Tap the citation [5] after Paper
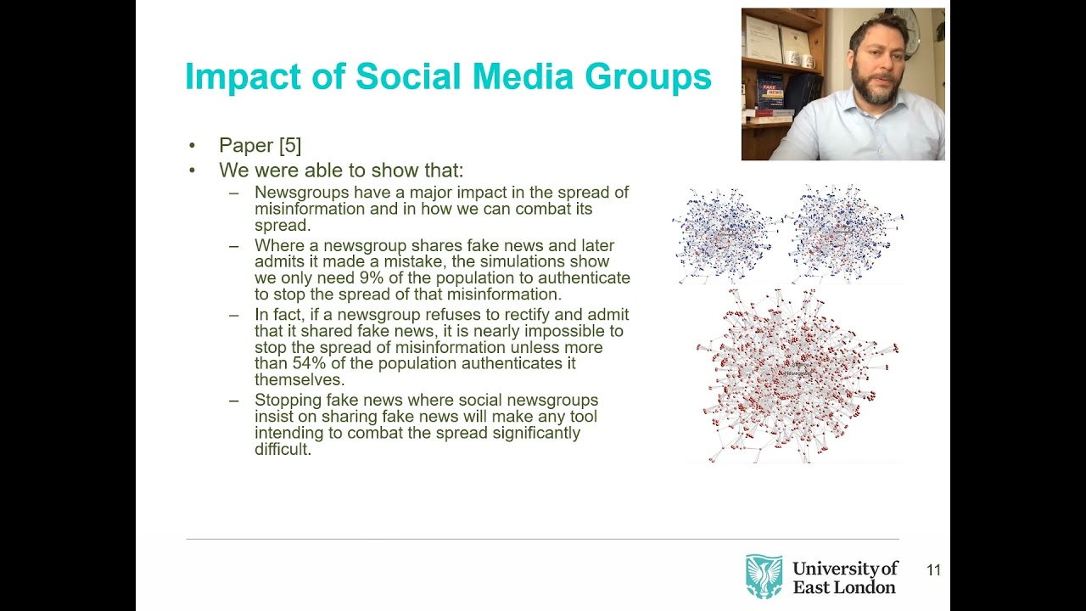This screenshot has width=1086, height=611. tap(289, 145)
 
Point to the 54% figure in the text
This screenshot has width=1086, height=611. tap(311, 364)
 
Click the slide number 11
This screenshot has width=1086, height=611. tap(933, 570)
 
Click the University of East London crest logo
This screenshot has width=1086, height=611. tap(764, 576)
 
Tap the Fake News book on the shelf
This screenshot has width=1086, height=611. tap(770, 92)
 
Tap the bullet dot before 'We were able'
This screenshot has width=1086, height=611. tap(193, 171)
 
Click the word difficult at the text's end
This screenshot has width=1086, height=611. tap(282, 449)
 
